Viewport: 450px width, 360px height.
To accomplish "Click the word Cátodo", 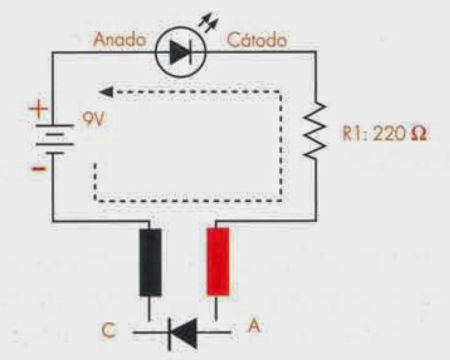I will coord(257,41).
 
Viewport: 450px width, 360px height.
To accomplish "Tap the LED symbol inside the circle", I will coord(180,53).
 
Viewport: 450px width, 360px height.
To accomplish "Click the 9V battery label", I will coord(88,122).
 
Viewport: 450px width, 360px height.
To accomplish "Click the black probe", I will coord(152,262).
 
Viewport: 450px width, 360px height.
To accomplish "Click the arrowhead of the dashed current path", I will coord(103,91).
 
